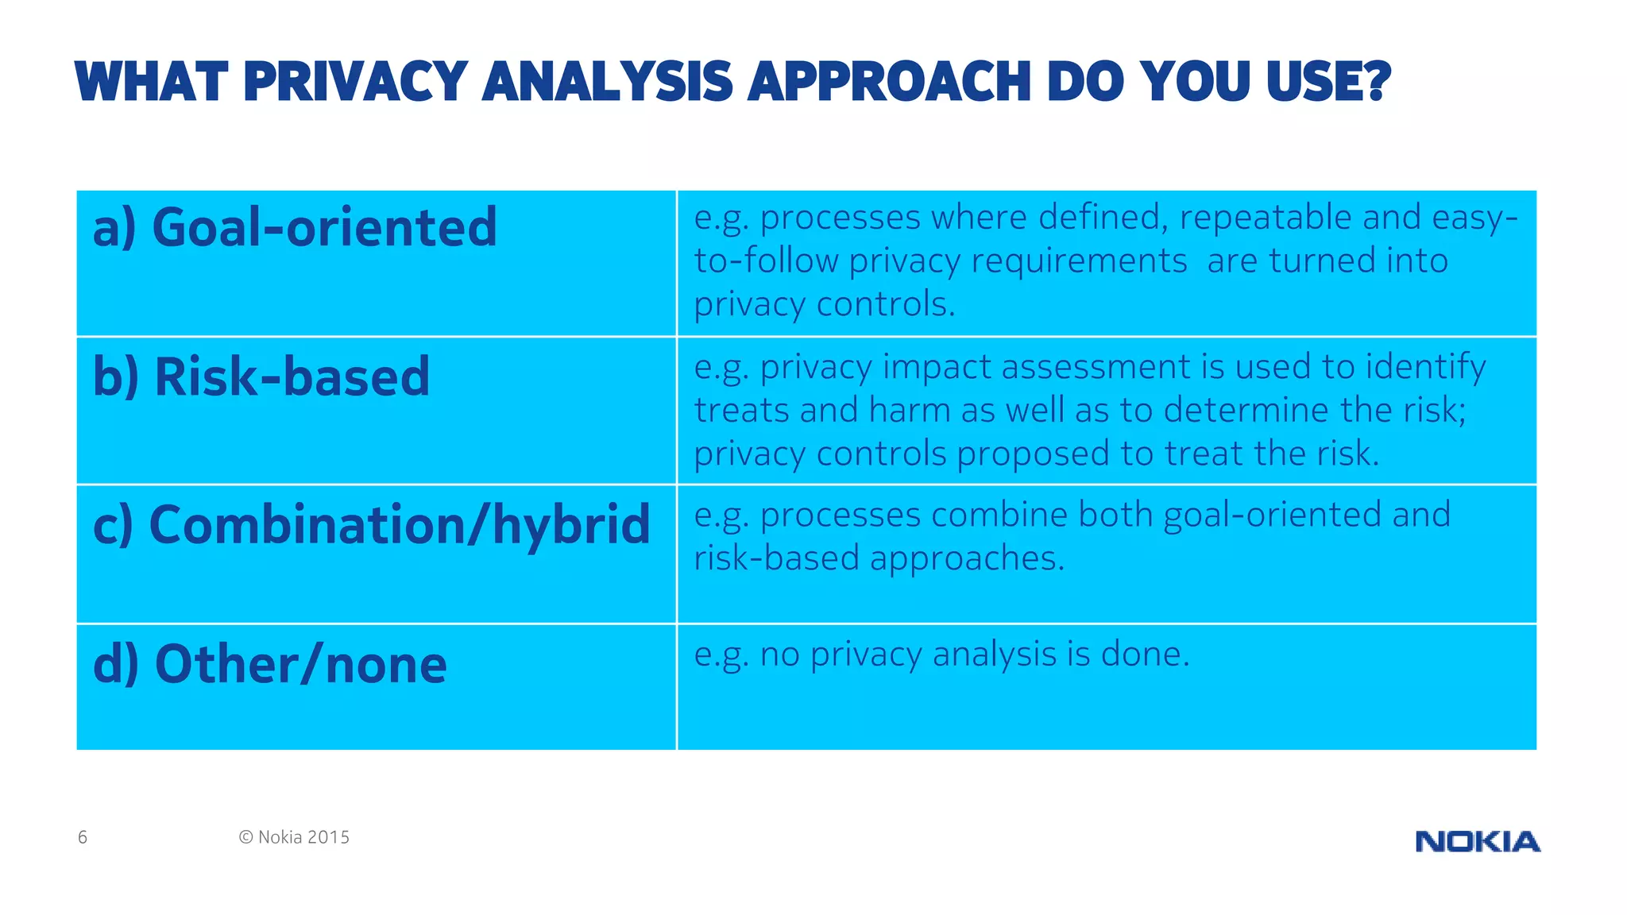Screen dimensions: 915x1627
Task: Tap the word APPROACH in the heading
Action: (x=890, y=82)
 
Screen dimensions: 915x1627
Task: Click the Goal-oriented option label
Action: (x=295, y=227)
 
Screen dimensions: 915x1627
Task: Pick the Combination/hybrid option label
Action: (x=372, y=525)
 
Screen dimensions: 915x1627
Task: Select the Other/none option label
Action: (x=270, y=665)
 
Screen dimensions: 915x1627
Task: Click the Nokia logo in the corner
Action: (x=1478, y=841)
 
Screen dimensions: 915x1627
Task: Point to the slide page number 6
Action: (x=83, y=837)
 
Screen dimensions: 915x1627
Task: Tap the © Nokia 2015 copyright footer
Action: (x=294, y=837)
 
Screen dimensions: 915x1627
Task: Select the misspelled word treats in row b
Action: (x=742, y=411)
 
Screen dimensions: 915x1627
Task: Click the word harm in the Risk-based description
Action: (x=909, y=411)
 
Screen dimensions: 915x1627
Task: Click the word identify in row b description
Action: (x=1425, y=367)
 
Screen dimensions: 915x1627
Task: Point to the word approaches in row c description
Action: (x=967, y=559)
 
